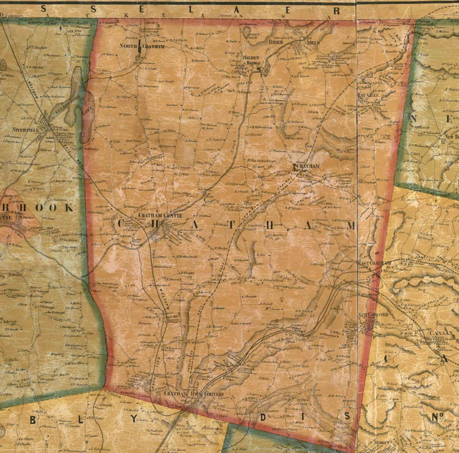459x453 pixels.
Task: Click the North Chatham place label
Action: click(142, 46)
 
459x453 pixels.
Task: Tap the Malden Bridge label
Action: click(251, 60)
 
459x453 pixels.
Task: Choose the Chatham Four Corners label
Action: click(194, 394)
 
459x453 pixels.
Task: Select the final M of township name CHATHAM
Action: click(350, 226)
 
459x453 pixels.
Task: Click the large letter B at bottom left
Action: click(33, 420)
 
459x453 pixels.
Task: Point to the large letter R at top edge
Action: click(336, 11)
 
